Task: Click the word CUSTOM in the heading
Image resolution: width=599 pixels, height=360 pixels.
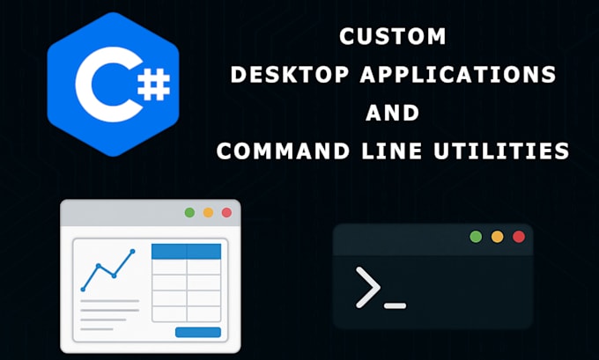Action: (393, 36)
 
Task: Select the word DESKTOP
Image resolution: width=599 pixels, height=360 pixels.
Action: (290, 75)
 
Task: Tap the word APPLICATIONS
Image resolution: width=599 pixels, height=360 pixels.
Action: (458, 75)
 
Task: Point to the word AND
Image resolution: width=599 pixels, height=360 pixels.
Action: (393, 113)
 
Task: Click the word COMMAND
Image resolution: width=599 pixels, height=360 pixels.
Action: (283, 151)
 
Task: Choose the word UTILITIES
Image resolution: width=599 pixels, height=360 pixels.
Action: (501, 151)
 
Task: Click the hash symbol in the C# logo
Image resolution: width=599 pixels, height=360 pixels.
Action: (153, 84)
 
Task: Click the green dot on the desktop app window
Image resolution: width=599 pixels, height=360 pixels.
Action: (189, 213)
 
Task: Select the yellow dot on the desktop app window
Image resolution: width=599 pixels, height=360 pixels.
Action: (208, 213)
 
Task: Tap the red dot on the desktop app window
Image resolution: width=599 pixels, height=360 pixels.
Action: (226, 213)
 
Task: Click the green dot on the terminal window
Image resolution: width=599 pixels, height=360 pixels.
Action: (476, 237)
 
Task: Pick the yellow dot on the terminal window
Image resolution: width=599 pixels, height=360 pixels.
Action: (497, 237)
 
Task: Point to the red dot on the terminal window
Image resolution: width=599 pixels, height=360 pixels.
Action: (518, 237)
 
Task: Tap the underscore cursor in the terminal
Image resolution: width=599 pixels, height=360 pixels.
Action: (395, 305)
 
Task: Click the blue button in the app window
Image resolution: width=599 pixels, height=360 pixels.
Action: (198, 332)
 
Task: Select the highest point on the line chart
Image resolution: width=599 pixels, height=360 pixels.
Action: (132, 251)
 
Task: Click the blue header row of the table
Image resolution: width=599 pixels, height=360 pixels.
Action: (187, 252)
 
